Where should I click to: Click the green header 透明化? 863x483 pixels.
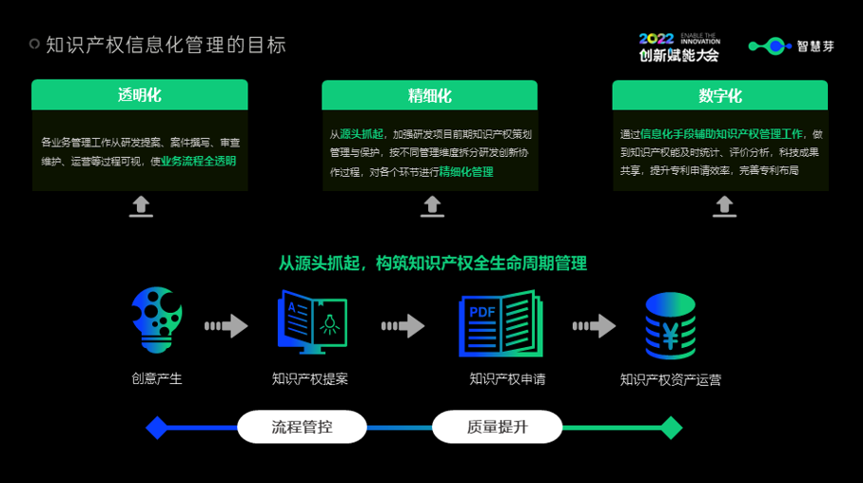pos(140,95)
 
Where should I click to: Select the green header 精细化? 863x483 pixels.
pos(430,95)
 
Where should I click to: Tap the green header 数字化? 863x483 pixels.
pos(719,95)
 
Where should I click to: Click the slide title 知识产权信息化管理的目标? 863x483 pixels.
pos(166,45)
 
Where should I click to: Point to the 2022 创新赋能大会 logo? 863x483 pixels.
pos(679,46)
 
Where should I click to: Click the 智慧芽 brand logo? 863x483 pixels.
pos(791,46)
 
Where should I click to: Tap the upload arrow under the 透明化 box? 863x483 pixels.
pos(141,206)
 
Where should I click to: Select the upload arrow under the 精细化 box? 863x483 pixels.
pos(432,206)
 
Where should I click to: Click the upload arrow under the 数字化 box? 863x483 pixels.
pos(724,206)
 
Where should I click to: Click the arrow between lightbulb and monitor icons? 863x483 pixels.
pos(226,326)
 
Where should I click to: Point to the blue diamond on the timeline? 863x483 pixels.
pos(157,428)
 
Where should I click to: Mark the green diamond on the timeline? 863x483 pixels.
pos(672,428)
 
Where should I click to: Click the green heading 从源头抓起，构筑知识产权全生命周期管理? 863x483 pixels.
pos(433,263)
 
